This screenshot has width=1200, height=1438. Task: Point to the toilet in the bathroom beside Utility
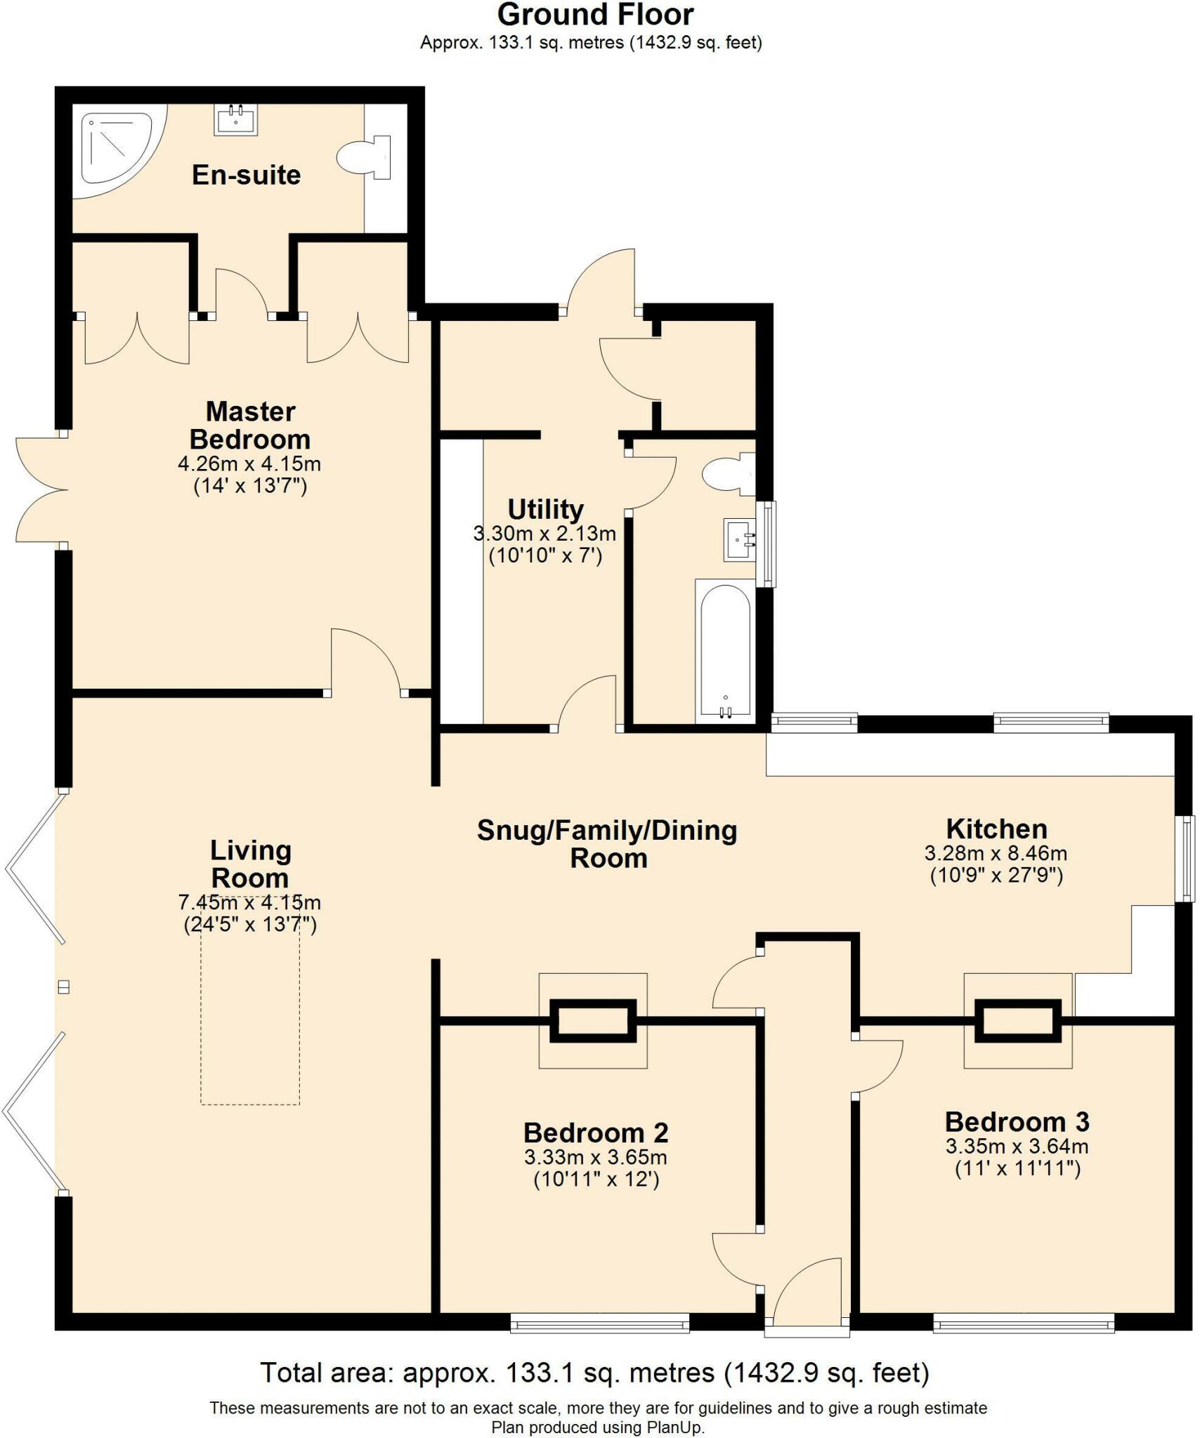(x=728, y=474)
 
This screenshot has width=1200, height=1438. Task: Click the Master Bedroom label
(x=249, y=426)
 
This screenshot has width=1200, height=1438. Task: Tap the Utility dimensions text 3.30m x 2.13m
(x=544, y=534)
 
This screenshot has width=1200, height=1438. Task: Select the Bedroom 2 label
(x=595, y=1133)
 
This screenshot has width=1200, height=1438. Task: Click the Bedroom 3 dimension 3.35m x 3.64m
(x=1017, y=1147)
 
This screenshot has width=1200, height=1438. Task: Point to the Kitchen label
(x=996, y=829)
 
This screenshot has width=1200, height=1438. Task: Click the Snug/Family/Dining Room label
(x=607, y=844)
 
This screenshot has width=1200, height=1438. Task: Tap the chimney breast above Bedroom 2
(x=592, y=1021)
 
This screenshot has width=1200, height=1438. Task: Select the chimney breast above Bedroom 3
(x=1017, y=1021)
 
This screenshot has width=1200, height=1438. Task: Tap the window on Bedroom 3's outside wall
(x=1023, y=1325)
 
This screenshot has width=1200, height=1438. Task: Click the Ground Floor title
(x=595, y=15)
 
